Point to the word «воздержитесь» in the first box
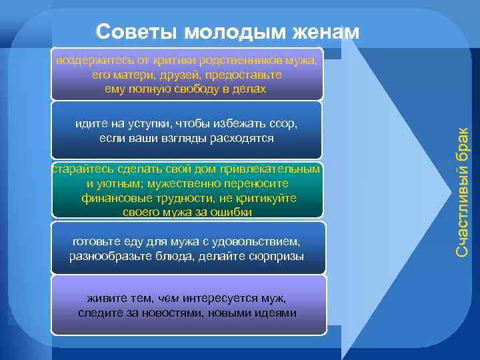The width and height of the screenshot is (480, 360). coord(90,61)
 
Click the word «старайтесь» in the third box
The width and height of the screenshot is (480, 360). coord(81,170)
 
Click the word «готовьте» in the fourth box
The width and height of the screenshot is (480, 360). coord(93,241)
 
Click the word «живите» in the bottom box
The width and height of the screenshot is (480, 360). coord(104,299)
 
